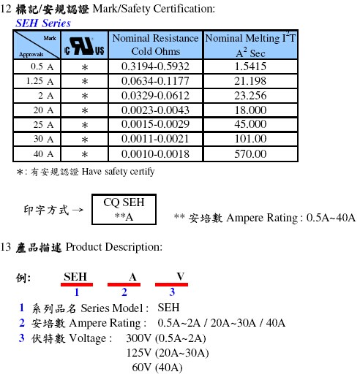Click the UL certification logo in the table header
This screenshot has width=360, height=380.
(84, 46)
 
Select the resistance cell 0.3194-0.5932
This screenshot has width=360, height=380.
(155, 66)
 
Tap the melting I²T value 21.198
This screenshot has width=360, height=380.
(250, 81)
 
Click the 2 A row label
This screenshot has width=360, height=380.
(46, 96)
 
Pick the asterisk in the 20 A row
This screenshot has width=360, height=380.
(85, 110)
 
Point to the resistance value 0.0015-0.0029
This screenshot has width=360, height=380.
(155, 124)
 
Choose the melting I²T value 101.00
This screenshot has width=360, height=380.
(250, 139)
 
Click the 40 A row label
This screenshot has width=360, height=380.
(43, 154)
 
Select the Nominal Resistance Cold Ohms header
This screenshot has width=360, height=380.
(156, 45)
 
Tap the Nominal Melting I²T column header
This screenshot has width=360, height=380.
(250, 45)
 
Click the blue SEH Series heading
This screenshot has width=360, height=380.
(43, 23)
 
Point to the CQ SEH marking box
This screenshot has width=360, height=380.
(124, 209)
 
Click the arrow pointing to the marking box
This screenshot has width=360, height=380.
(78, 210)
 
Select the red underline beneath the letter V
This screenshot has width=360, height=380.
(171, 284)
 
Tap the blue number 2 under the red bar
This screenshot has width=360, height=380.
(124, 292)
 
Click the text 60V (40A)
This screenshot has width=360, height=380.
(157, 368)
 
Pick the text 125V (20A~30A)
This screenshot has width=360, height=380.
(168, 353)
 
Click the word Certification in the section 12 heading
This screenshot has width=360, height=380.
(184, 9)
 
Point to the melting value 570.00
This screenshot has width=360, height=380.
(250, 154)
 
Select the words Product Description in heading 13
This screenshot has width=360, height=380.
(114, 247)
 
